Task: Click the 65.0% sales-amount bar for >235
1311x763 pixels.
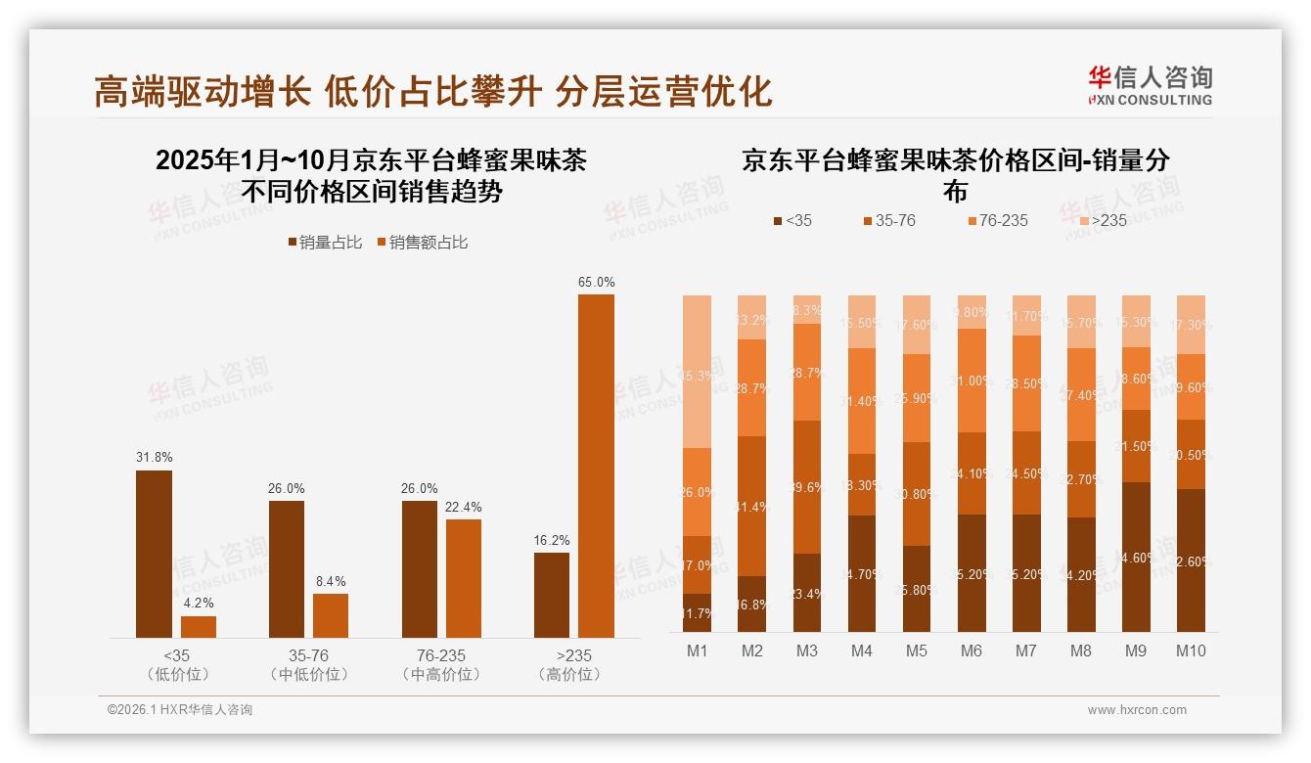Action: point(596,466)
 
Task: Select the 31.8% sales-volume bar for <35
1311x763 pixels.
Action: point(154,554)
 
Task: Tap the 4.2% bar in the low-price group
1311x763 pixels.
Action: point(199,626)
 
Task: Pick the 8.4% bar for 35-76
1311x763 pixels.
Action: point(331,615)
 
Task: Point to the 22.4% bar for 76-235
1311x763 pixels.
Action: point(464,578)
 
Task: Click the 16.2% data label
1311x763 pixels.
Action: point(552,540)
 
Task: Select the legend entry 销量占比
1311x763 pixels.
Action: point(325,243)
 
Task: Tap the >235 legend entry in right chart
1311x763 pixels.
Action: point(1102,221)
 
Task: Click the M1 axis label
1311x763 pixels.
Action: point(697,651)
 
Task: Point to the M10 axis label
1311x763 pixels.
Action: point(1190,651)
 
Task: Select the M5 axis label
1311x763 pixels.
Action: point(916,651)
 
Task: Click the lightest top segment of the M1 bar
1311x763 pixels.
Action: point(697,371)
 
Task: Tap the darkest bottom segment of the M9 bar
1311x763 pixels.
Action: point(1135,557)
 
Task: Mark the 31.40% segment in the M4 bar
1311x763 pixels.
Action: point(861,401)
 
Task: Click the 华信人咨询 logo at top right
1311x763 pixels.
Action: point(1151,84)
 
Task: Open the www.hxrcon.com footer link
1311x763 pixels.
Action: point(1137,710)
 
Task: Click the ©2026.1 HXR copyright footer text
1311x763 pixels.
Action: point(179,710)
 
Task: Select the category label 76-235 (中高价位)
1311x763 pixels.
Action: point(440,664)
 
